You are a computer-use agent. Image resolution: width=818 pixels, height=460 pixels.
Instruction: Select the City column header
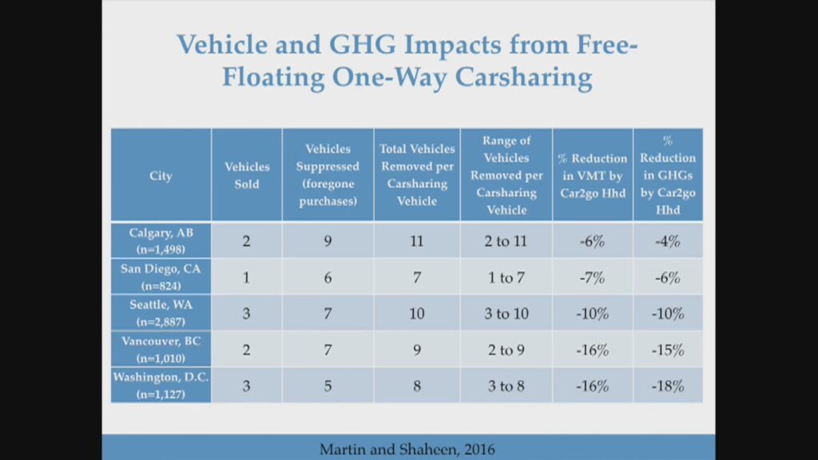pos(161,176)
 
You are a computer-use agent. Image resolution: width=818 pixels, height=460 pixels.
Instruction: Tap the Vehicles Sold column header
pos(247,176)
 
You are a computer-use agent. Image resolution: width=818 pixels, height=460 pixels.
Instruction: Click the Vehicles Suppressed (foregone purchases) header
pos(328,175)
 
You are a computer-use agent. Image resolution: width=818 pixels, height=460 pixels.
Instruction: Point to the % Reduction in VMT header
pos(592,176)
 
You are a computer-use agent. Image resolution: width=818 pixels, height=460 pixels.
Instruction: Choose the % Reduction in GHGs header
pos(668,175)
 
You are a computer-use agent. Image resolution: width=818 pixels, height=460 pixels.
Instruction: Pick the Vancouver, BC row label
pos(161,349)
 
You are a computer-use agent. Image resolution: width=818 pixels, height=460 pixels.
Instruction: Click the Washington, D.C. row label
pos(161,386)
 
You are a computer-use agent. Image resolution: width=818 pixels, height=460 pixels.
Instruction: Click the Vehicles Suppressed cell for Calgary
pos(328,240)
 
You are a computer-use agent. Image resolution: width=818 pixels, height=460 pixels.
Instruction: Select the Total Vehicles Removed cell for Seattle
pos(417,314)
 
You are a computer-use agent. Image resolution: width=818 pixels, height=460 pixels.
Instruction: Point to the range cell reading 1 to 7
pos(506,277)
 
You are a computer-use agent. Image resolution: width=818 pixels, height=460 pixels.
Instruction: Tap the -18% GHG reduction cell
pos(668,387)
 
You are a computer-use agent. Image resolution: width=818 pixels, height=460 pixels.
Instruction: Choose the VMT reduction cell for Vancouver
pos(592,350)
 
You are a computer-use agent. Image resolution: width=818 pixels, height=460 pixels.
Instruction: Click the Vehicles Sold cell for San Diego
pos(247,277)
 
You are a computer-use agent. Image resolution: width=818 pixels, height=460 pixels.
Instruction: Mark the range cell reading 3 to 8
pos(506,387)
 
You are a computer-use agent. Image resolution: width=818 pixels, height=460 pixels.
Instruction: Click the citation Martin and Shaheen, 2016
pos(407,449)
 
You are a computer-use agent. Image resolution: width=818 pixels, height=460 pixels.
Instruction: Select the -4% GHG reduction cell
pos(668,240)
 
